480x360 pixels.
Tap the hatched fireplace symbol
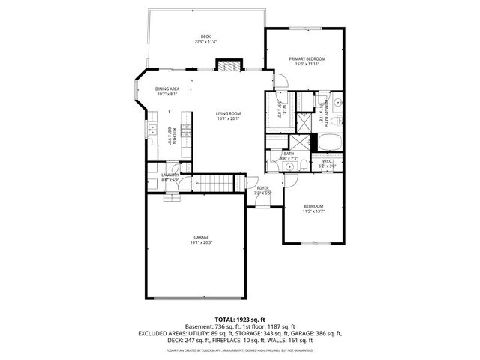227,66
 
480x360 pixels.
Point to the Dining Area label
167,88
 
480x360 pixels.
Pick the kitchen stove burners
186,135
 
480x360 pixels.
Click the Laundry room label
169,175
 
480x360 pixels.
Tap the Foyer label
263,188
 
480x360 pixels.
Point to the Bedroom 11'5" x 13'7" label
313,208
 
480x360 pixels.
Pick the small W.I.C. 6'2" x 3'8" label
328,163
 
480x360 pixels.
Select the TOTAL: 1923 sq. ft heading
239,319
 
